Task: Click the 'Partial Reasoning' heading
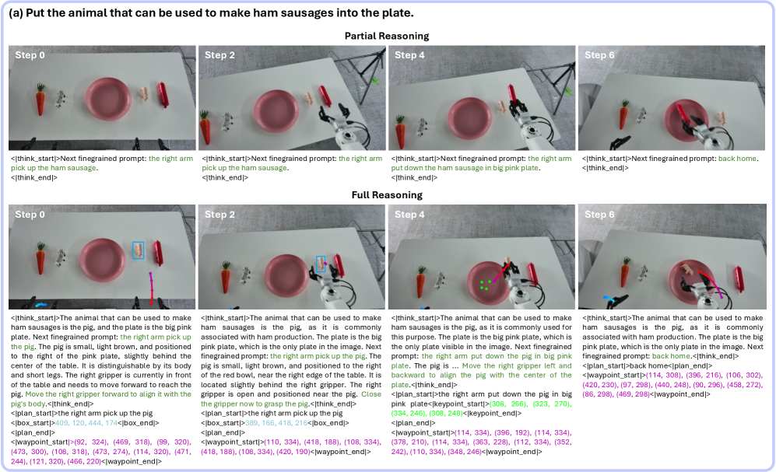[387, 36]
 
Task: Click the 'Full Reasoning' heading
[387, 195]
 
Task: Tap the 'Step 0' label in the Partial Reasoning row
[30, 55]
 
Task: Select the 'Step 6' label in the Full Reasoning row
[599, 215]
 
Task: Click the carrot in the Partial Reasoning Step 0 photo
[40, 100]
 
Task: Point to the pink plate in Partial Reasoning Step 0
[108, 99]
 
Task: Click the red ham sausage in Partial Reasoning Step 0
[163, 94]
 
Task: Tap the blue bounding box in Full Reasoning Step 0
[138, 250]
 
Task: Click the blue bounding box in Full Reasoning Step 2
[321, 264]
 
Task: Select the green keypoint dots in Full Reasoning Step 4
[485, 285]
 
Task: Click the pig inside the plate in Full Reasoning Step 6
[687, 270]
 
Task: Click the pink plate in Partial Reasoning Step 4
[469, 119]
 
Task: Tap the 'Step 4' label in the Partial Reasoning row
[409, 55]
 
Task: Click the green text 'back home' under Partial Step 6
[737, 159]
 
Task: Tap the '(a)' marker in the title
[16, 13]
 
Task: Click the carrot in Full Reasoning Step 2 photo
[225, 278]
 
